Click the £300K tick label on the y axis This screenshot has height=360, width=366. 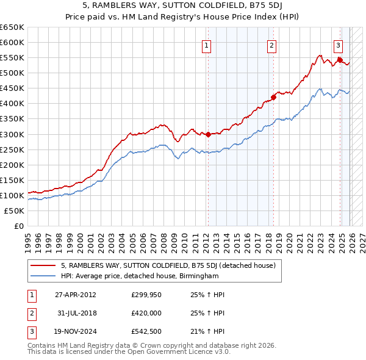point(12,134)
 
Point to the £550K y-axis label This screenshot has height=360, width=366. point(12,57)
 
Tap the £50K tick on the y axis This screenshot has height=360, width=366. point(14,211)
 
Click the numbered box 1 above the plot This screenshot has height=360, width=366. point(207,45)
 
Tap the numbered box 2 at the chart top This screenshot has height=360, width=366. point(271,45)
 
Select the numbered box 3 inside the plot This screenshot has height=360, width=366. point(338,45)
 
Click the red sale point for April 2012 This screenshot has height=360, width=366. point(207,134)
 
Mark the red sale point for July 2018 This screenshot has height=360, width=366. point(273,97)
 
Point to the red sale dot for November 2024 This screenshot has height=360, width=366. point(339,60)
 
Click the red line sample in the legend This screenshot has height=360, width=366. point(43,266)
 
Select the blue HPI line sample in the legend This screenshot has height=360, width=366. point(43,276)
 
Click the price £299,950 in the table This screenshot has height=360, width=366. point(146,295)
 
